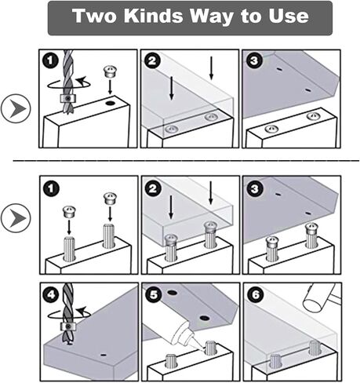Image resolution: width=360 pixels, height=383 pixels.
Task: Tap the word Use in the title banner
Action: coord(289,16)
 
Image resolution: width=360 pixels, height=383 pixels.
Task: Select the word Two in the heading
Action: coord(94,16)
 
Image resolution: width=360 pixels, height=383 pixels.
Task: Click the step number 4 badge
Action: coord(51,294)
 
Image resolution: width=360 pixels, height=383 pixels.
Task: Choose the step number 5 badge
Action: coord(153,294)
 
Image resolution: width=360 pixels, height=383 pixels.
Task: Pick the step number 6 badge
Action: coord(256,294)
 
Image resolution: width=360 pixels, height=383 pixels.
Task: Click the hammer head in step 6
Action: coord(317,298)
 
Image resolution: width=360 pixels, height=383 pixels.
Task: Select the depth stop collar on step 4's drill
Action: coord(68,326)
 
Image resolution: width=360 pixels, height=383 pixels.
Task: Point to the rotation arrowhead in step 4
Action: coord(82,311)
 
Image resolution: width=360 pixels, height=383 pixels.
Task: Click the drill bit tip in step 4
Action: coord(69,344)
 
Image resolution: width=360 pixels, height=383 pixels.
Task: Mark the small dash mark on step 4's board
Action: coord(104,355)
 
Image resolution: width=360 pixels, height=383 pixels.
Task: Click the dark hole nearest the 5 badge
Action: coord(172,293)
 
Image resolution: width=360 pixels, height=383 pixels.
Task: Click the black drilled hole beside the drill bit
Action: coord(111,103)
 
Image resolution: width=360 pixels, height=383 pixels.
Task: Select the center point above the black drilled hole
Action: coord(110,71)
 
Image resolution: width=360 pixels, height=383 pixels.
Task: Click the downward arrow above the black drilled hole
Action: coord(110,87)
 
